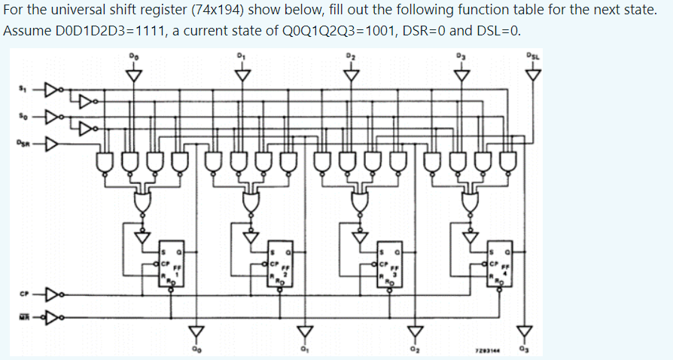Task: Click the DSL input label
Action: point(534,55)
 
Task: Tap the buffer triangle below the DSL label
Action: point(534,75)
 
